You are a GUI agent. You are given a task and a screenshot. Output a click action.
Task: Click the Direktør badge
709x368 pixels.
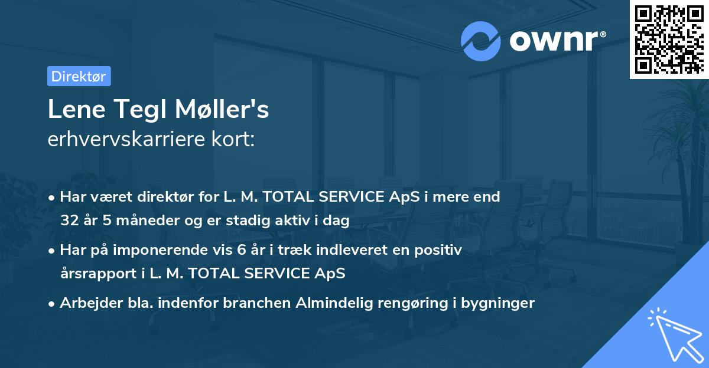pyautogui.click(x=79, y=76)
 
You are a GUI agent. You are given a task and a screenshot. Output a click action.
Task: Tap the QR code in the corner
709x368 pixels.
pyautogui.click(x=669, y=39)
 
